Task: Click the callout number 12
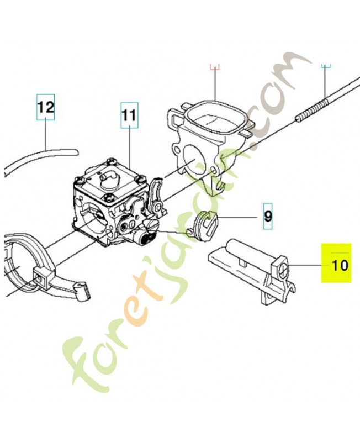click(x=46, y=108)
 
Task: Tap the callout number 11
click(x=130, y=115)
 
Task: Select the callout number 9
click(x=268, y=217)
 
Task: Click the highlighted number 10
click(x=340, y=265)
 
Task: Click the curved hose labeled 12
click(x=39, y=161)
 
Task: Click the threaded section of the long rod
click(x=311, y=108)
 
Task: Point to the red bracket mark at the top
click(x=215, y=67)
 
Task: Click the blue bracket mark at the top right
click(x=326, y=66)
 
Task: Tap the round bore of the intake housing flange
click(x=192, y=161)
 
